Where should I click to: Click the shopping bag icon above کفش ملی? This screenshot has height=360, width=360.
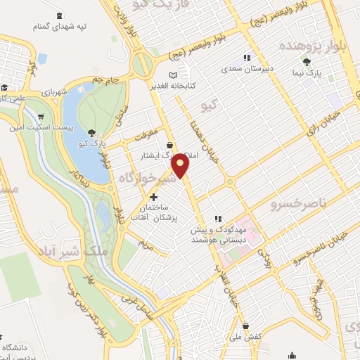(246, 325)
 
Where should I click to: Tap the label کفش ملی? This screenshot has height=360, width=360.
(246, 336)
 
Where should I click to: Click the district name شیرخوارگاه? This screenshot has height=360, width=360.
(143, 178)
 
